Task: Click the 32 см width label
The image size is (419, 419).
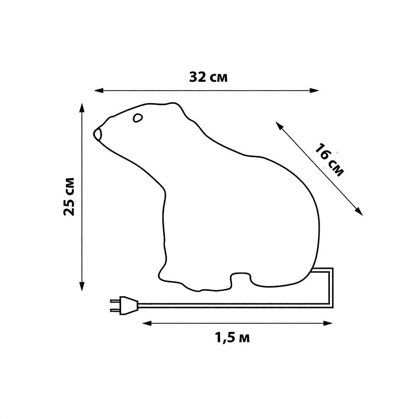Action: (208, 77)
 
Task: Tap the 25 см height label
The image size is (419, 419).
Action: (69, 197)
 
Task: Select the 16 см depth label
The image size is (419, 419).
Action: (329, 160)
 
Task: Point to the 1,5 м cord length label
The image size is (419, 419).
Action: (232, 337)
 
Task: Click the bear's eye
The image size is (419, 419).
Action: (137, 118)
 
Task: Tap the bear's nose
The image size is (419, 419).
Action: (98, 134)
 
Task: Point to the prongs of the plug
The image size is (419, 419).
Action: (114, 305)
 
